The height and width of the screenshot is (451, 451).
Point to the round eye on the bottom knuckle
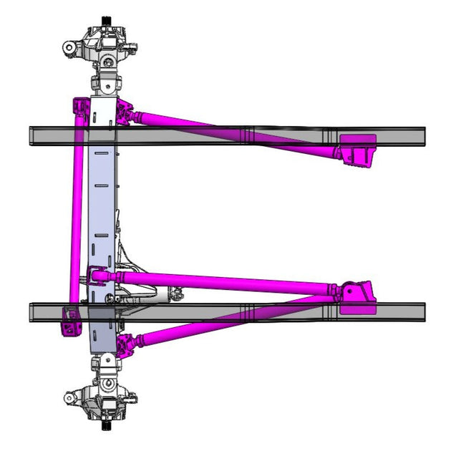(x=70, y=398)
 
